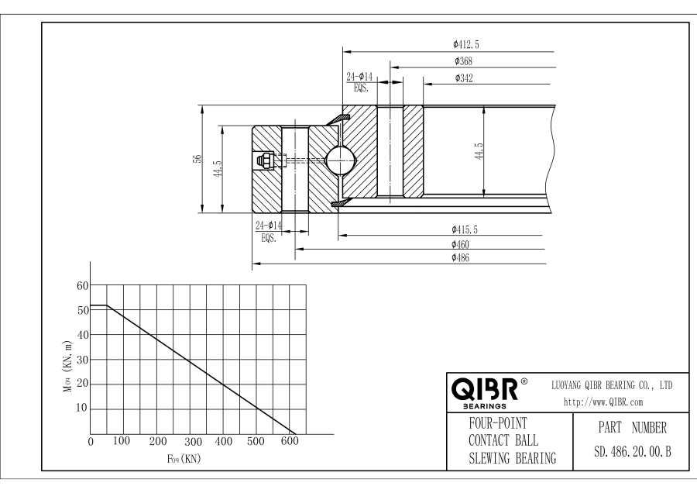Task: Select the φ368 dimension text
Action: pyautogui.click(x=463, y=61)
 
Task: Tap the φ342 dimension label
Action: pyautogui.click(x=464, y=78)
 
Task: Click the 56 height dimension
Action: pyautogui.click(x=197, y=159)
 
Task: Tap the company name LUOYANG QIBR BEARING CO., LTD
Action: pyautogui.click(x=611, y=384)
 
